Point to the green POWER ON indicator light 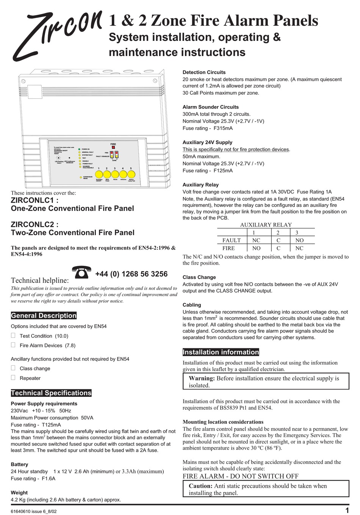79,149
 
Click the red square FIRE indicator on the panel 113,148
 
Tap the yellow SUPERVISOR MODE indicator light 81,177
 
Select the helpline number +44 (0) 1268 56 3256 131,274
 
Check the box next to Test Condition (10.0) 13,336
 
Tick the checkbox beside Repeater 13,378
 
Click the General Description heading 44,315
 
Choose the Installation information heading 221,352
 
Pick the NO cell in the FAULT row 299,240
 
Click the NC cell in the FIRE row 299,248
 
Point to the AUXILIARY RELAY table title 266,225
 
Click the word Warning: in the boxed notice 202,378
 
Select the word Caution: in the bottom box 200,486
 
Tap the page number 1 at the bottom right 347,510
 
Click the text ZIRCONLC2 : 34,224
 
